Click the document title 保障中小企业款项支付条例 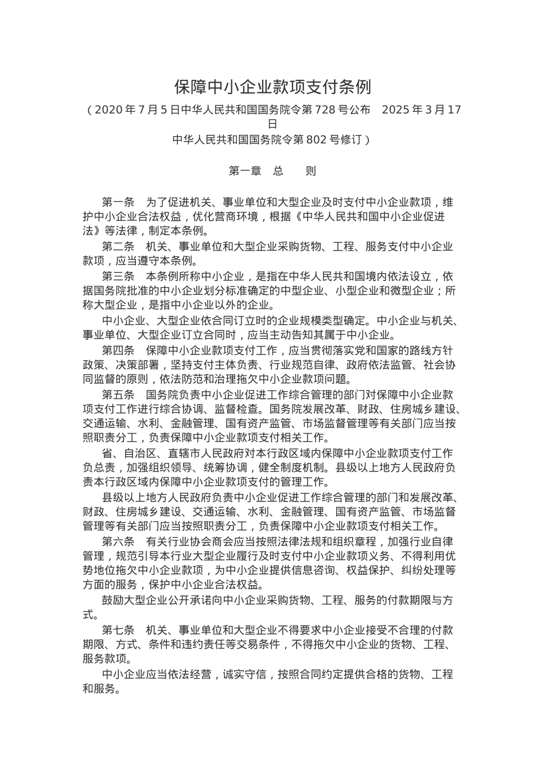(272, 87)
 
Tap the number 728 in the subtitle (324, 110)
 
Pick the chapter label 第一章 (245, 171)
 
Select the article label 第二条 (118, 247)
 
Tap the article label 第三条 (118, 277)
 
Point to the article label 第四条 (118, 351)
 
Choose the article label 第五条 (118, 395)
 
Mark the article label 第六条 (118, 542)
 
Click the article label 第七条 (118, 629)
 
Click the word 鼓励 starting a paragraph (113, 601)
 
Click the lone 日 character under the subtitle (272, 124)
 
